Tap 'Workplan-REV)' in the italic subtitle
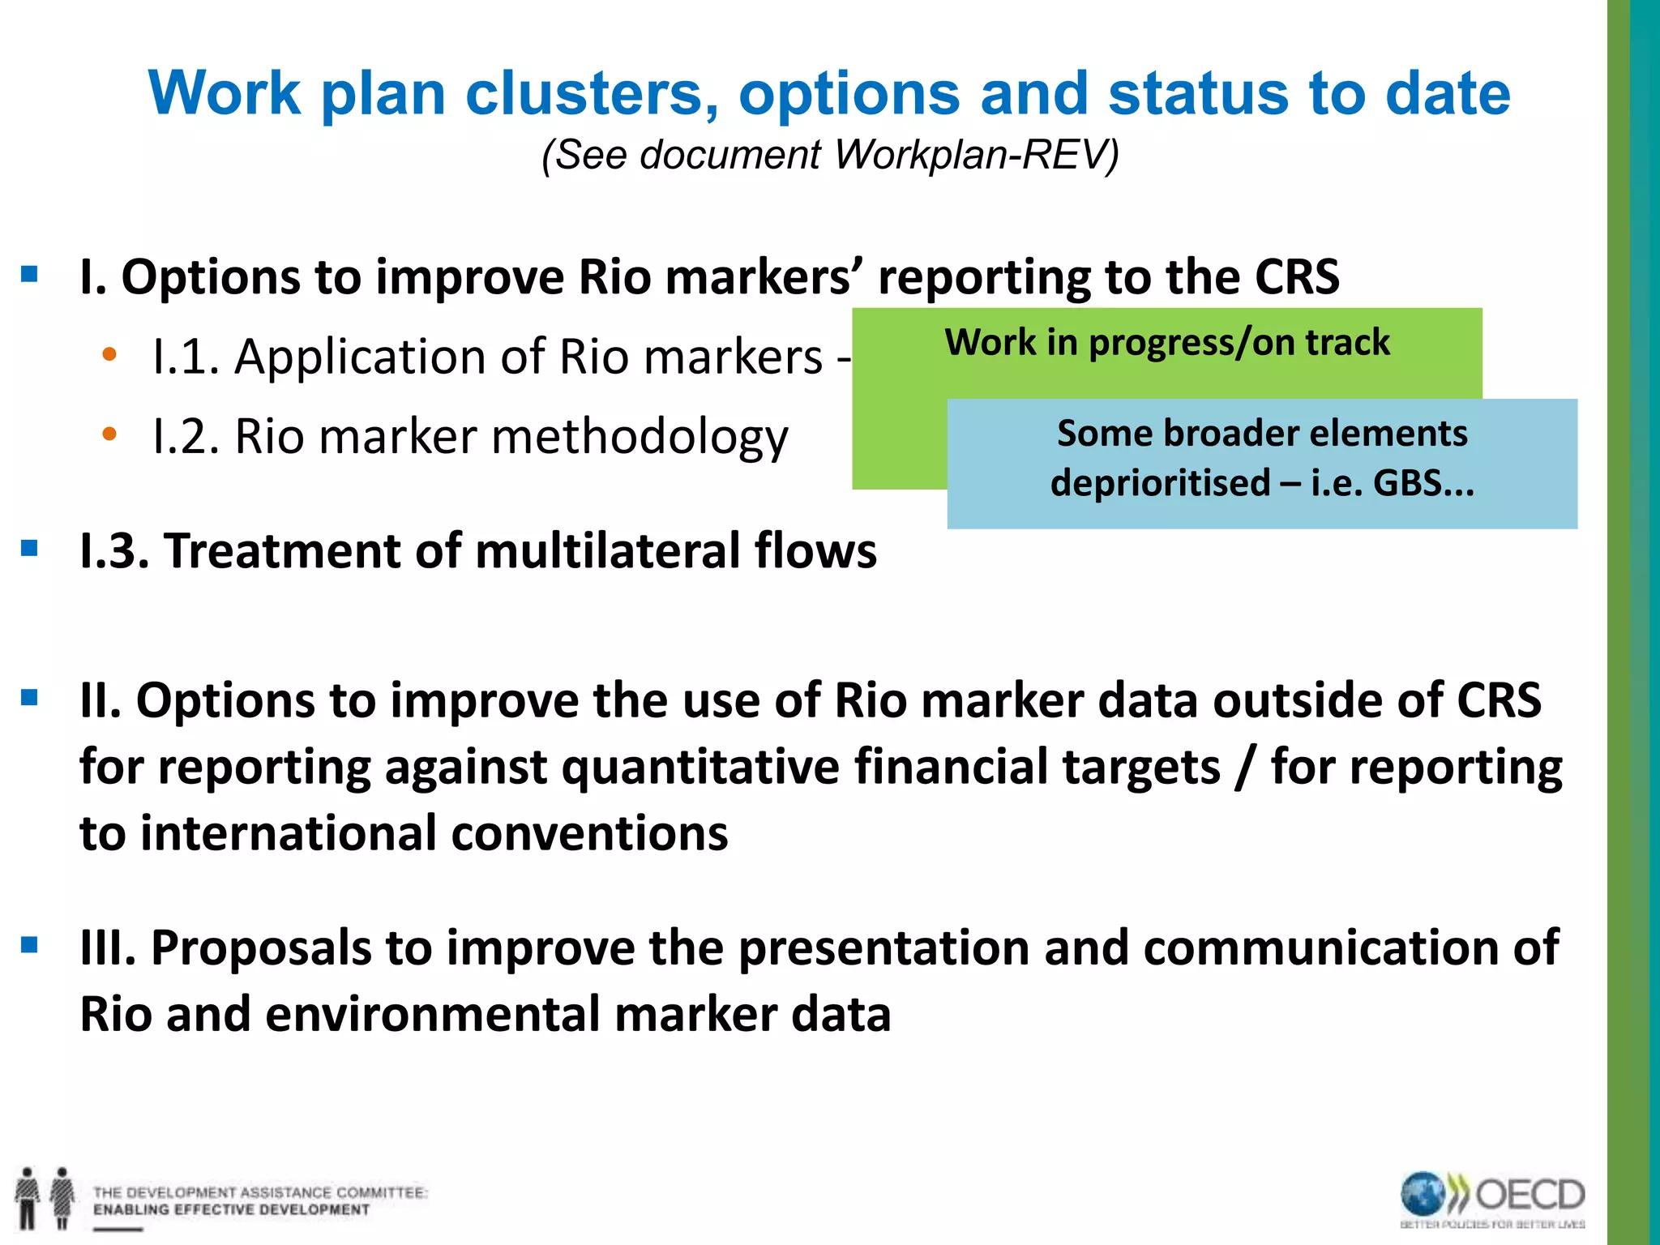(976, 154)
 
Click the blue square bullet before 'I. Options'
(30, 274)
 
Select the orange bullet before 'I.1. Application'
(109, 354)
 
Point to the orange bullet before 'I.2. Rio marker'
(109, 434)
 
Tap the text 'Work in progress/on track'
(1166, 342)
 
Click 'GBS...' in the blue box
(1423, 483)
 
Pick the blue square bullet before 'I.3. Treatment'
(30, 549)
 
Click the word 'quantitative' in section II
(700, 767)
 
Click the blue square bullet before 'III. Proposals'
(30, 944)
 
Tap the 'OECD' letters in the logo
(1530, 1195)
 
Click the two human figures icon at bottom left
(45, 1197)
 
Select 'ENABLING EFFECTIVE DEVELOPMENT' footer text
(231, 1210)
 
